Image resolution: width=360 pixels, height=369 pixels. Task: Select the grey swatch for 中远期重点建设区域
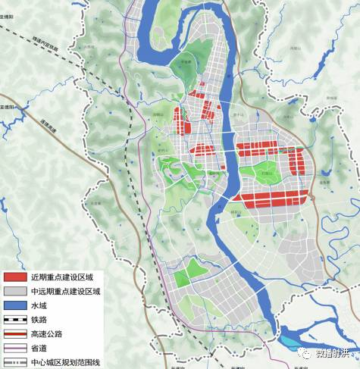point(14,290)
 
